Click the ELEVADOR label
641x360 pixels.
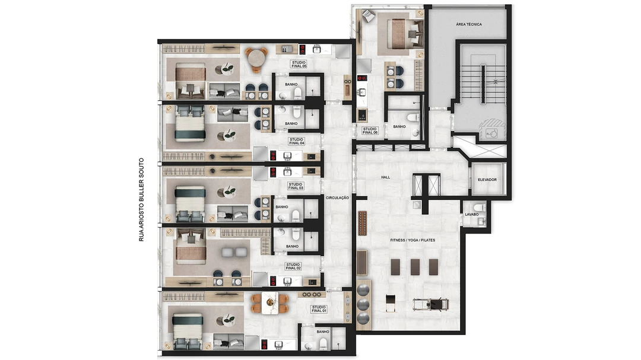coord(487,179)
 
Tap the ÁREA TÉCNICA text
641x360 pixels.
coord(468,24)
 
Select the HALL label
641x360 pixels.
coord(385,177)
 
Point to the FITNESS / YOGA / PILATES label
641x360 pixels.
coord(412,240)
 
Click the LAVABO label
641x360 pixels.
coord(471,215)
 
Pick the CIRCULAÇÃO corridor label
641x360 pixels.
coord(337,197)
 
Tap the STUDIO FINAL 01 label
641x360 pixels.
coord(319,309)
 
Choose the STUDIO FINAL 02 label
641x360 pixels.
coord(293,266)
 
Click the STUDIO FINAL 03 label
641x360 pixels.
coord(296,186)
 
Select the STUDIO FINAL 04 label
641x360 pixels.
coord(296,141)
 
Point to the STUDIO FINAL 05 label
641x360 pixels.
coord(299,64)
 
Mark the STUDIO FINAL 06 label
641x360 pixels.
coord(370,130)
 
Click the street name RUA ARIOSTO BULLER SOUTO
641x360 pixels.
coord(141,199)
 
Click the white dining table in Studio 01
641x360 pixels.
coord(270,303)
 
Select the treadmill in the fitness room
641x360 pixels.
coord(430,304)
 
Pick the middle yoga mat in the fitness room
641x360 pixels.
coord(415,267)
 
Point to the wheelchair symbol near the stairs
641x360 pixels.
coord(490,133)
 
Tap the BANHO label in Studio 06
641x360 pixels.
coord(399,127)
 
